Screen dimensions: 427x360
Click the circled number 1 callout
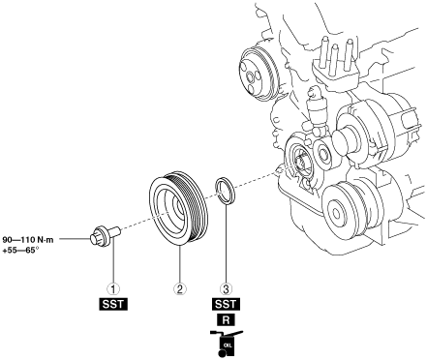pos(113,288)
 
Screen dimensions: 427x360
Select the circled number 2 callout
pos(180,288)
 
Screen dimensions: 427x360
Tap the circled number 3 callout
pos(226,288)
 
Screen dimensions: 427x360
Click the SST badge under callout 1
pos(113,305)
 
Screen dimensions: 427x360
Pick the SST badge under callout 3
pos(226,305)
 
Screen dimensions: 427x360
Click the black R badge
pos(226,320)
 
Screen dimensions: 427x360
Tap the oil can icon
pos(226,344)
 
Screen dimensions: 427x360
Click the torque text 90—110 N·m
pos(28,240)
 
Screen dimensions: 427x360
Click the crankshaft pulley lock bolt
pos(105,236)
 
